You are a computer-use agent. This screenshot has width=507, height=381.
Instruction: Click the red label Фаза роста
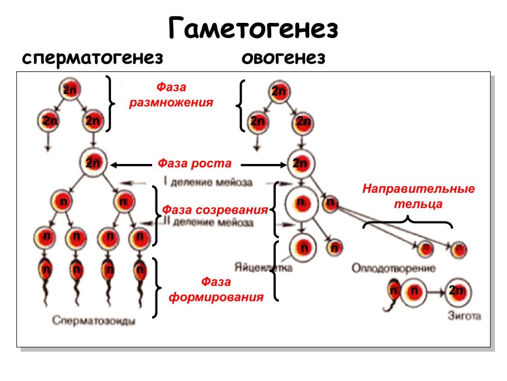pyautogui.click(x=194, y=163)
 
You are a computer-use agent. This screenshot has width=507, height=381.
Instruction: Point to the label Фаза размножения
pyautogui.click(x=171, y=95)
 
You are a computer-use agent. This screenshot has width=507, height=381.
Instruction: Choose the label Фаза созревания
pyautogui.click(x=214, y=210)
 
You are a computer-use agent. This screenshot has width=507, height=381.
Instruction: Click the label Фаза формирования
pyautogui.click(x=216, y=289)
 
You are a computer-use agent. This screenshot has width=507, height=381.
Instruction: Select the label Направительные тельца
pyautogui.click(x=418, y=196)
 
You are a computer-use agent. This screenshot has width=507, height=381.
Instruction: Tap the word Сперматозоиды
pyautogui.click(x=95, y=321)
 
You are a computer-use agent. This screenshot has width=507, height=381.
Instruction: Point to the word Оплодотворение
pyautogui.click(x=393, y=268)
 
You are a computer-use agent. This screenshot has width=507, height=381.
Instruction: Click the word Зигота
pyautogui.click(x=464, y=316)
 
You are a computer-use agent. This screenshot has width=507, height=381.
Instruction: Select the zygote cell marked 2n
pyautogui.click(x=458, y=291)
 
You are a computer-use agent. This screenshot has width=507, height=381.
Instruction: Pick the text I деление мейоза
pyautogui.click(x=208, y=182)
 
